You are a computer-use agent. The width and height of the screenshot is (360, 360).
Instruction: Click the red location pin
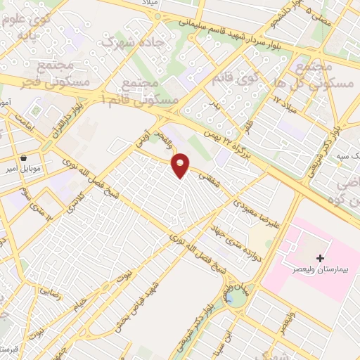coord(181,165)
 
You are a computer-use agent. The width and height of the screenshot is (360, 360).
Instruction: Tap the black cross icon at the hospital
coord(321,259)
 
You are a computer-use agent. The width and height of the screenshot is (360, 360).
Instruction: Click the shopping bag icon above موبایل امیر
coord(25,158)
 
